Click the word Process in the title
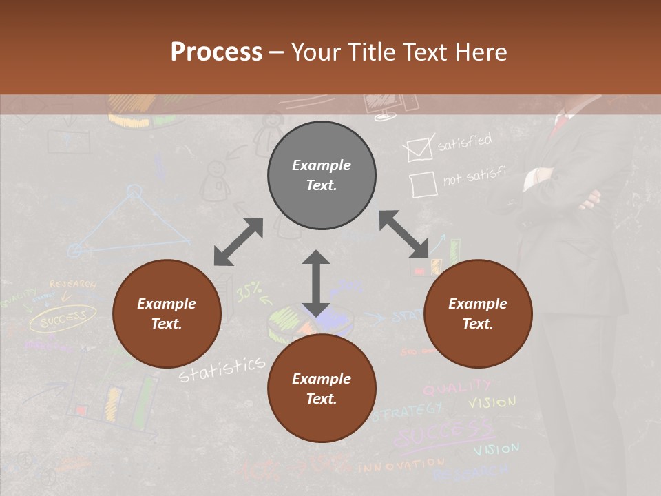(x=216, y=52)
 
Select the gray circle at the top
(x=322, y=175)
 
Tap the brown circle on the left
(x=167, y=313)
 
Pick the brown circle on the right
(x=478, y=313)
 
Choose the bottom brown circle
(x=322, y=389)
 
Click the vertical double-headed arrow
(x=316, y=283)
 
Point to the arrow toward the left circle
(x=238, y=242)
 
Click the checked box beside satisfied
(x=419, y=149)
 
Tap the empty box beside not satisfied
(x=422, y=185)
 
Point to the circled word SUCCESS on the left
(x=63, y=318)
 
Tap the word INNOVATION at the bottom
(x=401, y=466)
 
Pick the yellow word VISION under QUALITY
(x=492, y=402)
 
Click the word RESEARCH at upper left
(x=73, y=284)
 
